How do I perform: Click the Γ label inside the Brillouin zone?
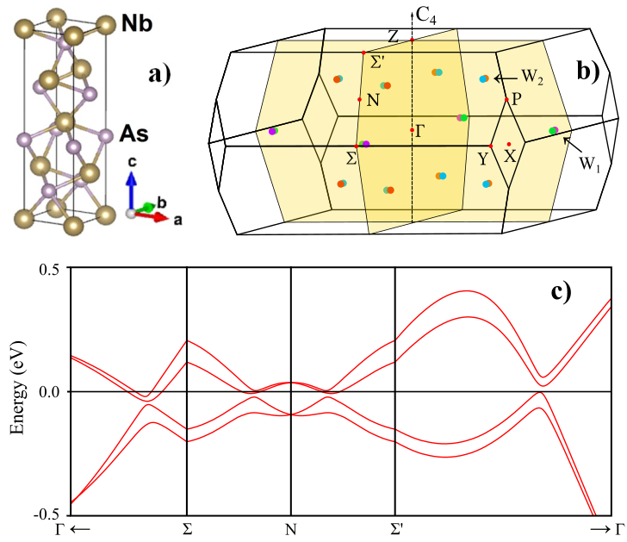tap(421, 132)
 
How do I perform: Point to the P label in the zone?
tap(516, 99)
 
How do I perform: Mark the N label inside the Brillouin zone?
tap(373, 100)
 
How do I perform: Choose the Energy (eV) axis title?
tap(17, 392)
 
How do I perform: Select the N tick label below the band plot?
tap(291, 528)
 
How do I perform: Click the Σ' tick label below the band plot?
tap(395, 527)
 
